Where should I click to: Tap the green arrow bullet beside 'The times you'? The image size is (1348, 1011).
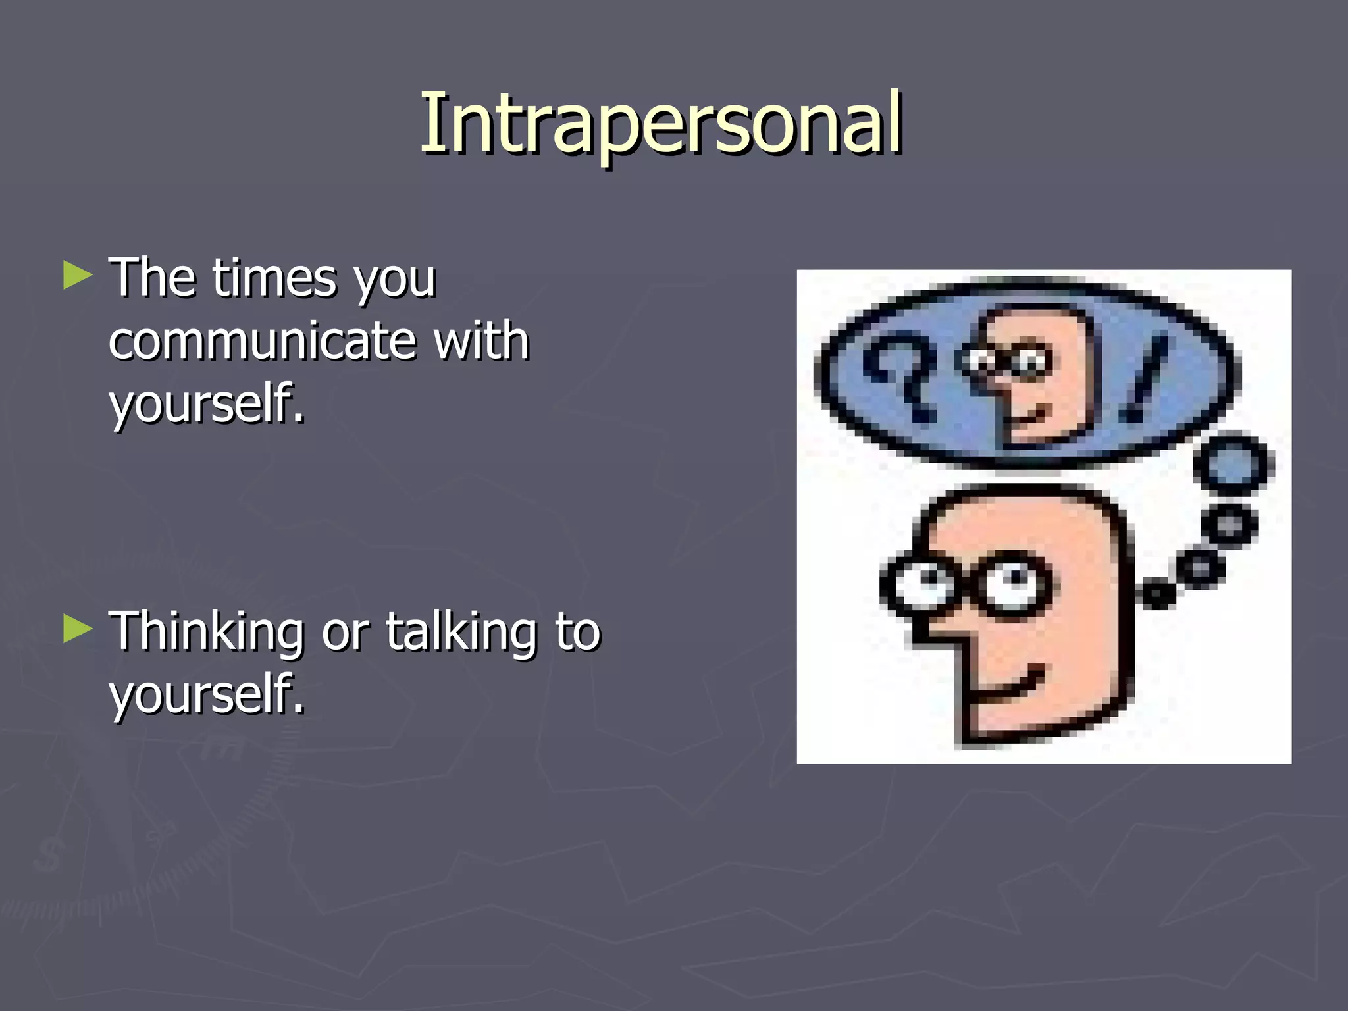click(x=78, y=276)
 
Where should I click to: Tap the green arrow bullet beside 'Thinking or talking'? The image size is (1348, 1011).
click(x=78, y=629)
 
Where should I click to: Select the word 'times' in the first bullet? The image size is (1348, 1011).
click(x=276, y=278)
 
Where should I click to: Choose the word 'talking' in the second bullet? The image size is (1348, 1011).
click(x=461, y=632)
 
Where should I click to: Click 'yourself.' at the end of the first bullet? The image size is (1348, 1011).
click(x=207, y=403)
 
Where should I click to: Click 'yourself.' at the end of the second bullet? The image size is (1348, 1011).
click(x=207, y=694)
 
